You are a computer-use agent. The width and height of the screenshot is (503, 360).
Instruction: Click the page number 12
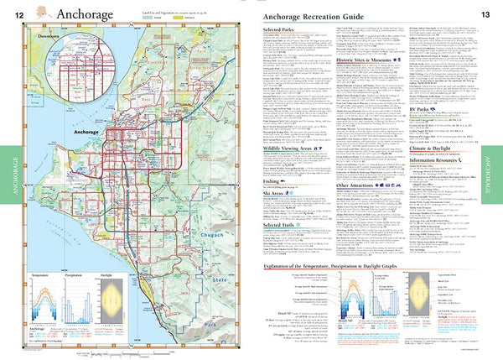18,14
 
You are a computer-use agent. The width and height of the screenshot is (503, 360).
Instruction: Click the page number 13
485,14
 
